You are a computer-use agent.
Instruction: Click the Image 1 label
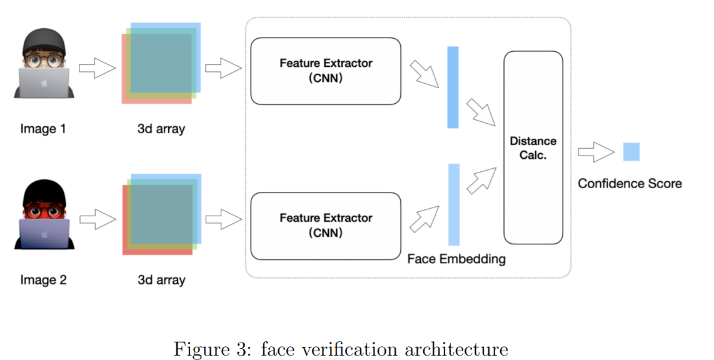coord(43,129)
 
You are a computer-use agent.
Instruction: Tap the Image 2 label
coord(43,280)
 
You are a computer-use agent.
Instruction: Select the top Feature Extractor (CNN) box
coord(325,71)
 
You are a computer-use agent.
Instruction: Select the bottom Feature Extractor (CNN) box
coord(325,226)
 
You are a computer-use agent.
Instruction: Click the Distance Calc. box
coord(533,147)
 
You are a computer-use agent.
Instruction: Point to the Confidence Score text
coord(629,183)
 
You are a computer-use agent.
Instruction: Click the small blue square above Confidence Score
coord(631,152)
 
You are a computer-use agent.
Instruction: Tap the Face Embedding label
coord(456,259)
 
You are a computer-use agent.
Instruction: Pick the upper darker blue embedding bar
coord(453,87)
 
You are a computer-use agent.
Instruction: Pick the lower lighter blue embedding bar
coord(454,204)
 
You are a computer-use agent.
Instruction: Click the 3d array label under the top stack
coord(161,129)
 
